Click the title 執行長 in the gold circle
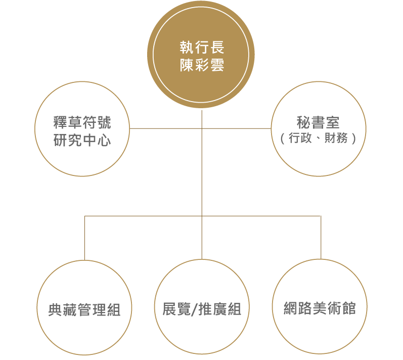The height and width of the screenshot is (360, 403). click(x=202, y=48)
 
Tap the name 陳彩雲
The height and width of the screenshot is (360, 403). click(x=202, y=65)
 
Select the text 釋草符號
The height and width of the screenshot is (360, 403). click(x=82, y=122)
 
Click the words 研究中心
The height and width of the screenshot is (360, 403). click(x=82, y=140)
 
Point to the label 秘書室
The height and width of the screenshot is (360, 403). click(x=318, y=122)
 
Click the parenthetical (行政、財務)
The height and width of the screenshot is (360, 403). click(x=318, y=138)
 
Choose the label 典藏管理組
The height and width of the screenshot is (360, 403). click(x=84, y=309)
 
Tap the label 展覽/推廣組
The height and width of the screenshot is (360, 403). click(x=202, y=309)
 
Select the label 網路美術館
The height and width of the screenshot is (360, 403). click(x=320, y=308)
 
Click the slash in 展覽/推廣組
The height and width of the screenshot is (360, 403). click(x=195, y=309)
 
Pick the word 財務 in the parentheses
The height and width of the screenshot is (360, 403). click(x=336, y=138)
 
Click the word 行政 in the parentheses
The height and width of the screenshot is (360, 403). click(x=300, y=138)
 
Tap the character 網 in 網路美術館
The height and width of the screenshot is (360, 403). click(x=290, y=308)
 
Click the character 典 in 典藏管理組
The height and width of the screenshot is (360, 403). click(x=55, y=309)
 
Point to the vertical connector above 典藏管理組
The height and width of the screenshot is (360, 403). click(x=84, y=238)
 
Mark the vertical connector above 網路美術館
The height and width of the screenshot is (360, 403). click(x=321, y=238)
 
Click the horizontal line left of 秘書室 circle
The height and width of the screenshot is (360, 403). click(x=237, y=128)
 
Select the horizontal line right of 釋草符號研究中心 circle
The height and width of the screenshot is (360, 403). click(x=166, y=128)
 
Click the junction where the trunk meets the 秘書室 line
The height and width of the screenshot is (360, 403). click(x=202, y=128)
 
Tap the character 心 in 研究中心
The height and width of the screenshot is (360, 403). click(x=104, y=140)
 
